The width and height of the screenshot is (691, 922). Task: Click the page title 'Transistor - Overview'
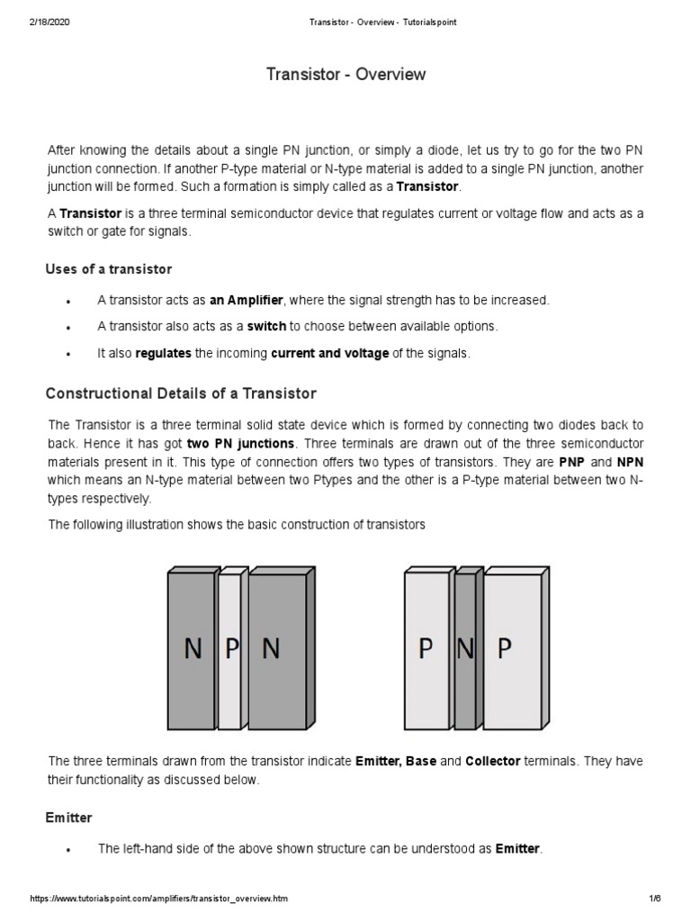(345, 75)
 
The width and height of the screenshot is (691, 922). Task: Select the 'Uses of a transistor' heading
(108, 269)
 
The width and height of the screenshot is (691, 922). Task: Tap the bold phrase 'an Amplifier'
(246, 300)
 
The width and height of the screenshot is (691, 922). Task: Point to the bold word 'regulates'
(163, 354)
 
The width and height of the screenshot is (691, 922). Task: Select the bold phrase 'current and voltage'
(329, 354)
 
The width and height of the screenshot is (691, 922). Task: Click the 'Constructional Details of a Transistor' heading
(181, 393)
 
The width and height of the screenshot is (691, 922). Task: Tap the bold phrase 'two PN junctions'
(240, 444)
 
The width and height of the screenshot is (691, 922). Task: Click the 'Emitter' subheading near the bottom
(68, 818)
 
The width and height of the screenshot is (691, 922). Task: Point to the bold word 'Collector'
(492, 761)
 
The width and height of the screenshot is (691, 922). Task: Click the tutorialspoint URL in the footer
(159, 899)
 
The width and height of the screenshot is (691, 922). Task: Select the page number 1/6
(654, 899)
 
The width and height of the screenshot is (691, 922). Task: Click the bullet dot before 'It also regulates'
(69, 355)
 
